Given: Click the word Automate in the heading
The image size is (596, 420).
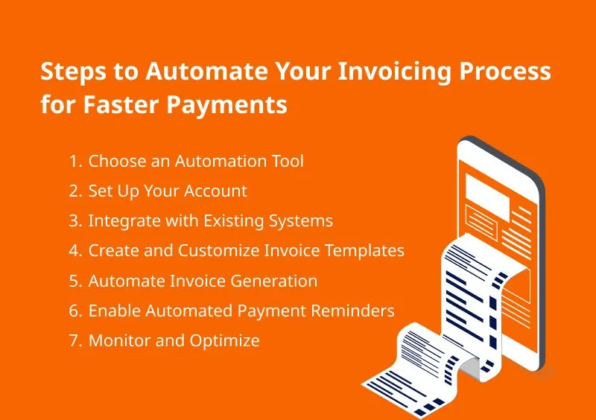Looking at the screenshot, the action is [206, 71].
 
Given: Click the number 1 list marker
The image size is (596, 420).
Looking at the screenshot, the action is [75, 162].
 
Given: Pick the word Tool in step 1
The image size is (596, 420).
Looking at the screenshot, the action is [288, 161].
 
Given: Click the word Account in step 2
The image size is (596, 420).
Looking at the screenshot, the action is [215, 191].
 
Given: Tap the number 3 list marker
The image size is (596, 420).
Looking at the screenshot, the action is [75, 221].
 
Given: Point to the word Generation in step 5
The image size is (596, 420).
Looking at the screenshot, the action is [273, 281].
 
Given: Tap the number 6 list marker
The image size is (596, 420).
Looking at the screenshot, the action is [75, 311].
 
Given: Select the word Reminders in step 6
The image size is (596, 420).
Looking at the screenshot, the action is [352, 311].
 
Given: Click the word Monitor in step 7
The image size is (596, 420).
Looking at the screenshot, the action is [120, 340].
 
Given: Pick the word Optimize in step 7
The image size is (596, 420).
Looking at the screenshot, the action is [225, 341].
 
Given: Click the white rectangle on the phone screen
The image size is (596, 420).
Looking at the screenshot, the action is [487, 197].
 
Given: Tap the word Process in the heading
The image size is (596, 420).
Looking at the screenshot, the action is [505, 71].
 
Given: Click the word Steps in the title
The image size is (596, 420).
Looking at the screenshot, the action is [73, 72].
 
